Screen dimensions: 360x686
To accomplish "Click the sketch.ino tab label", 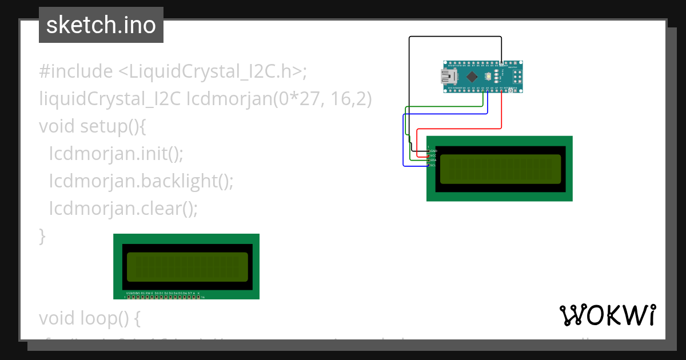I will click(101, 25).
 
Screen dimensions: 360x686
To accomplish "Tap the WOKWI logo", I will click(607, 315).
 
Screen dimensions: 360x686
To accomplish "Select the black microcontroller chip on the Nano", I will click(472, 77).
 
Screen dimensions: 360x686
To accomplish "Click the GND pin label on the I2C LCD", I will click(433, 151).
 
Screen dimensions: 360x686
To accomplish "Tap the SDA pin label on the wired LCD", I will click(433, 161).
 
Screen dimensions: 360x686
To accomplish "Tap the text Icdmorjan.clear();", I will click(123, 208).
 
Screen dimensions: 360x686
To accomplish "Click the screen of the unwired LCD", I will click(186, 267).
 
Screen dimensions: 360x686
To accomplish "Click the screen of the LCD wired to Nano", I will click(500, 169).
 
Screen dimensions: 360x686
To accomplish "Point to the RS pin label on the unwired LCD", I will click(143, 293).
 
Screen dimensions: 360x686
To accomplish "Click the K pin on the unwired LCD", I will click(198, 293).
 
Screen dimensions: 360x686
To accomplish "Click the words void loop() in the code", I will click(89, 318).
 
